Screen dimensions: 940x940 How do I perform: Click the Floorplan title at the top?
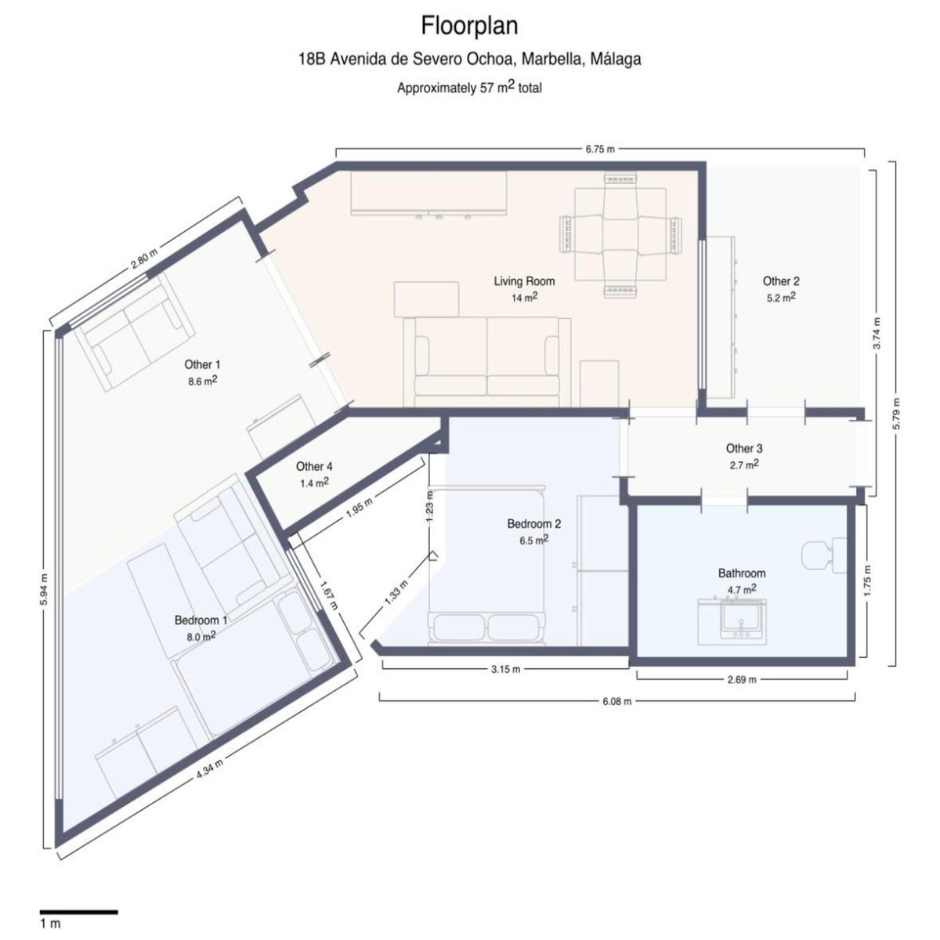469,26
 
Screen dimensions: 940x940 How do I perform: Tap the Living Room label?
524,281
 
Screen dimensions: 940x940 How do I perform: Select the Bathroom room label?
742,573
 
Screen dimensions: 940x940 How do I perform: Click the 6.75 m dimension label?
600,150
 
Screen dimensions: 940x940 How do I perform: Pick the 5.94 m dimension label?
45,588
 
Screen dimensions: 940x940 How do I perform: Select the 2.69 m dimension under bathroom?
742,679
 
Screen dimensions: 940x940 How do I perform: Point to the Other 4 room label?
314,467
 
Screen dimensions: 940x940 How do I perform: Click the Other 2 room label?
781,281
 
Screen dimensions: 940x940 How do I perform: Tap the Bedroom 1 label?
201,620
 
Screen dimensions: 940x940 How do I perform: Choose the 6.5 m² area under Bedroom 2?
533,540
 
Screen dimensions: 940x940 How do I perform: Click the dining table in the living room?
620,235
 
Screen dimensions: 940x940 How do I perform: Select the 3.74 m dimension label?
877,333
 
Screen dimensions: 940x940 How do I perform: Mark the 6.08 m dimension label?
616,701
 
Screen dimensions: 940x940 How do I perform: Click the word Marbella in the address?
552,59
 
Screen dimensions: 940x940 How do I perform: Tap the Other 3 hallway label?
744,448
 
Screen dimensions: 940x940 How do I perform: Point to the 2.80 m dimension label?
144,258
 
